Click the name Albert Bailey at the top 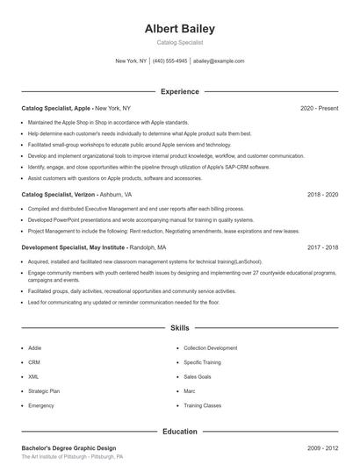(179, 28)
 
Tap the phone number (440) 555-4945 (170, 61)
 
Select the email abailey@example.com (219, 61)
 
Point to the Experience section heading (179, 91)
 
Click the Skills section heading (179, 328)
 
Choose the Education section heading (179, 432)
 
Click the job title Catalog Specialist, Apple (56, 108)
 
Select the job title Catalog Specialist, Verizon (58, 194)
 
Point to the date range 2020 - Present (319, 108)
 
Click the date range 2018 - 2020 (323, 194)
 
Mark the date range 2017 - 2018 (323, 247)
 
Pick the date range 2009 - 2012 (323, 447)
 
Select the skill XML (34, 376)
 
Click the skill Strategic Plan (44, 391)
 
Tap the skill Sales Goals (197, 376)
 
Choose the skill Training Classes (203, 406)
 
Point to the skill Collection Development (210, 347)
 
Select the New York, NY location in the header (132, 61)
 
